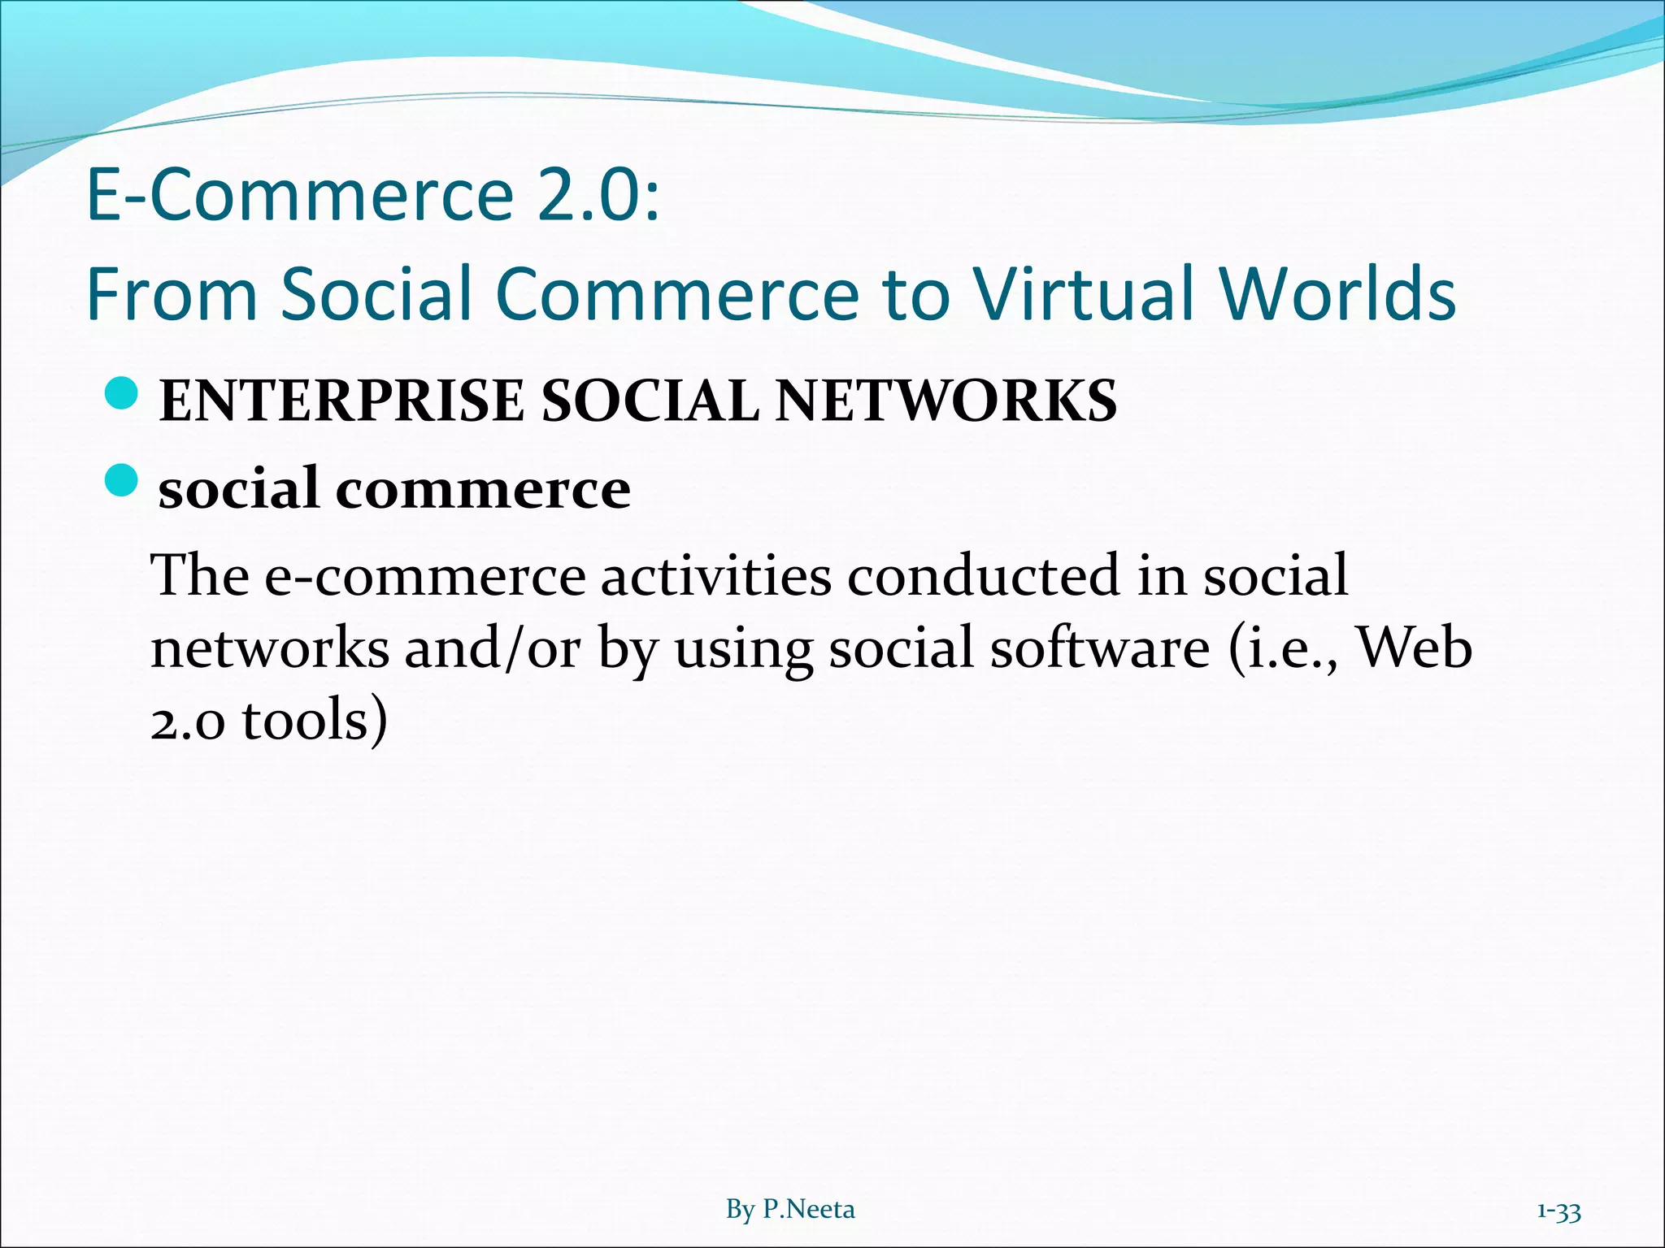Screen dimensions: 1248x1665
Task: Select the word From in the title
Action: pos(172,294)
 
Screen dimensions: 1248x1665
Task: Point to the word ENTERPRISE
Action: pos(341,401)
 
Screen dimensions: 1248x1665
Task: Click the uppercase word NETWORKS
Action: pos(946,401)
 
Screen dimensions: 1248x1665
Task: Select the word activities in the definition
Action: pos(715,575)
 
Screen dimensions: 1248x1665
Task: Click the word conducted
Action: pos(983,575)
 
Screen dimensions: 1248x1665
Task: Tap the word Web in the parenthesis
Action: pos(1415,648)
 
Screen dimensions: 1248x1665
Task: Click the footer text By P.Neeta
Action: pos(790,1210)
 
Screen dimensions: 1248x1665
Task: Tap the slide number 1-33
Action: pos(1558,1211)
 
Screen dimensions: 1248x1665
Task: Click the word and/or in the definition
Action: pos(493,648)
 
